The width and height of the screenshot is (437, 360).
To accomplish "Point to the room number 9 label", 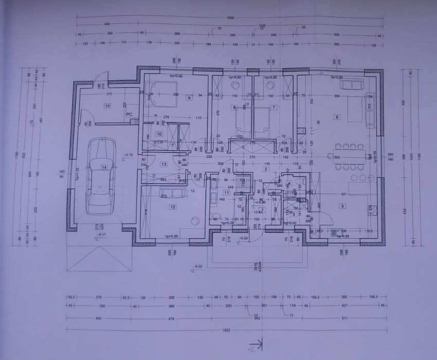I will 189,97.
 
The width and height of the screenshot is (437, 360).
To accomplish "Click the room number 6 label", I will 337,117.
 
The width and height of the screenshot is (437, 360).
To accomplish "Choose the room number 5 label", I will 342,206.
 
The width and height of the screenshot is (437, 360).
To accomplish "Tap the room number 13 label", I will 164,164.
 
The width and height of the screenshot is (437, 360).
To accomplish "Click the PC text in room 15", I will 129,114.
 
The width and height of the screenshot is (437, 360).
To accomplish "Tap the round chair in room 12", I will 194,221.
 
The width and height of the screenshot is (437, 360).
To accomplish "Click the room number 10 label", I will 159,134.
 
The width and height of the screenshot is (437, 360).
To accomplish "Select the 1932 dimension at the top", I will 230,18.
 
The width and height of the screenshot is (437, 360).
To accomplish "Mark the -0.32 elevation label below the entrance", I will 197,266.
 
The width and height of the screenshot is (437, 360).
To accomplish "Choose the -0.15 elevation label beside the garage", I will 129,155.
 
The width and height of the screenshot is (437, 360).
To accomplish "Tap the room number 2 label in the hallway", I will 266,168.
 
